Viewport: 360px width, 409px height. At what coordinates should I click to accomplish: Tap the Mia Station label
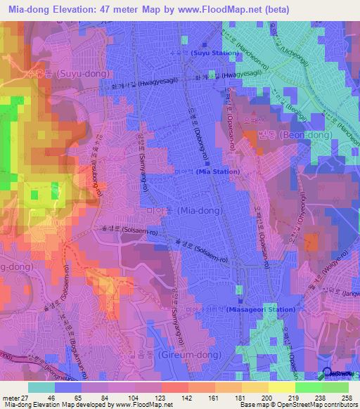[x=217, y=171]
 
